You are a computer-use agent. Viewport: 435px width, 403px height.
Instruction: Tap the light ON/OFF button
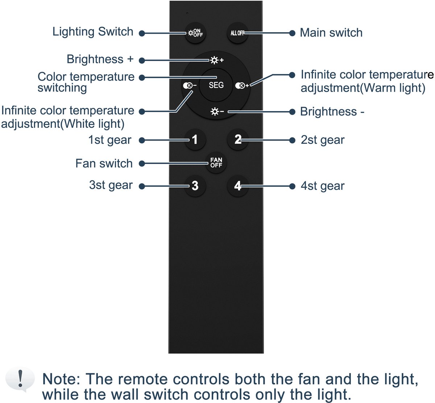(x=195, y=33)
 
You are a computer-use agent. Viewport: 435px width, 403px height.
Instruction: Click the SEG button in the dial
(x=216, y=85)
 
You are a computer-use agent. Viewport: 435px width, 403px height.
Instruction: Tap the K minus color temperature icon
(x=190, y=85)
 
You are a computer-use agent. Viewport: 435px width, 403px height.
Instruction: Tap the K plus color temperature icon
(x=242, y=85)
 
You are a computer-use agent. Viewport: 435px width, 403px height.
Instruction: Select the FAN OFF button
(x=216, y=163)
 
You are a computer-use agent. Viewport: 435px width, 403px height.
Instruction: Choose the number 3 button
(x=195, y=186)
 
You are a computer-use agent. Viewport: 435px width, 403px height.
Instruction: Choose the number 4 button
(x=238, y=186)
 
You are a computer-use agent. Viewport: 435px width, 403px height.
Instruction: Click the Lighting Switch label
(x=93, y=32)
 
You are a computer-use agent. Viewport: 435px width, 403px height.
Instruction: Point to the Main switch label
(x=331, y=33)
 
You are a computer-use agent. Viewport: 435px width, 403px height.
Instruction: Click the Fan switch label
(x=104, y=163)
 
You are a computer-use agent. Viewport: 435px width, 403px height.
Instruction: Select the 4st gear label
(x=323, y=186)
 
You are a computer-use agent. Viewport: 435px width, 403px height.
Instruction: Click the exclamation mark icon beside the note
(x=20, y=379)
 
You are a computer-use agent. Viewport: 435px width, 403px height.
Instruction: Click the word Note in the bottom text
(x=61, y=379)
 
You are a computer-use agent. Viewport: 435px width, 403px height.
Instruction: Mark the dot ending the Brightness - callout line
(x=292, y=112)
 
